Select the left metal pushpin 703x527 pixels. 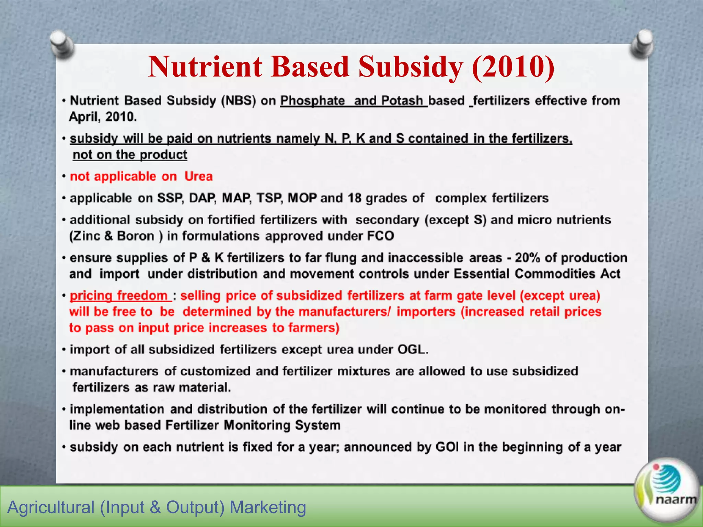coord(61,45)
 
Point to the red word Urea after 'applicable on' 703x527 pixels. coord(198,176)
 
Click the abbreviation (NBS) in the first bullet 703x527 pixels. coord(239,101)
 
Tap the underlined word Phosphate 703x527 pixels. coord(312,101)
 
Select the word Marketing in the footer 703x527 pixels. coord(268,507)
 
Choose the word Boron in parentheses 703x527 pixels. coord(136,236)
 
